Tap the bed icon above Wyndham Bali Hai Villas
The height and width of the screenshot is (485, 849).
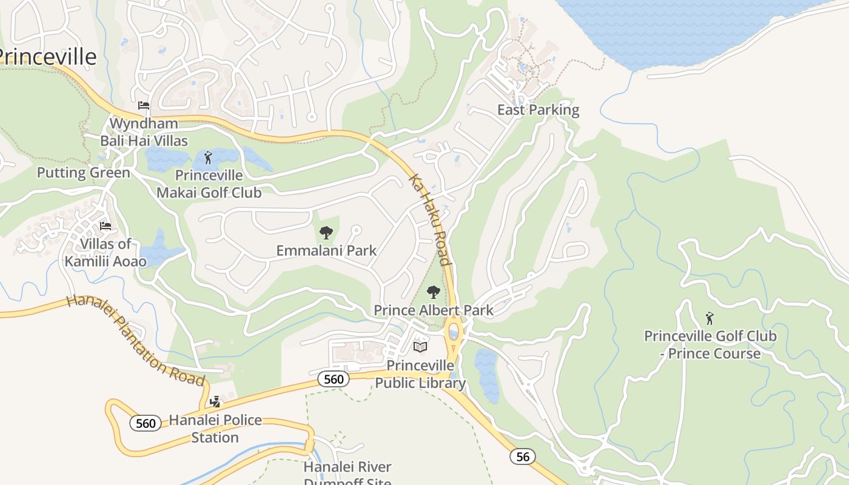144,105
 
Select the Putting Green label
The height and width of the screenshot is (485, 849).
84,173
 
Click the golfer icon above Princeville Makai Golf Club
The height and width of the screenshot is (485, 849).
209,158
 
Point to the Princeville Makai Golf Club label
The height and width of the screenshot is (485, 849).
209,184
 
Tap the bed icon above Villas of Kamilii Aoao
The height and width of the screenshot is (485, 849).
106,226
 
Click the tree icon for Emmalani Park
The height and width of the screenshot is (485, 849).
326,232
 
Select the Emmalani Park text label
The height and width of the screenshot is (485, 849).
326,250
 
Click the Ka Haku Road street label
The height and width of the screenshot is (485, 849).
431,220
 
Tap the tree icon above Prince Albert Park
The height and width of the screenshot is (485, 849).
433,292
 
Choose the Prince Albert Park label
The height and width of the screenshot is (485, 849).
433,310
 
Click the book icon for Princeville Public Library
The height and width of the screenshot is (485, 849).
420,347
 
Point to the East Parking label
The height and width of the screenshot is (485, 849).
538,110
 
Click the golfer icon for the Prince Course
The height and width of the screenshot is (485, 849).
710,318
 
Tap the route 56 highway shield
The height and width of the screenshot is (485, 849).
522,456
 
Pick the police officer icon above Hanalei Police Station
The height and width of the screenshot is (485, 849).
215,401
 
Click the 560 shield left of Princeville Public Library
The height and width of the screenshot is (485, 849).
334,380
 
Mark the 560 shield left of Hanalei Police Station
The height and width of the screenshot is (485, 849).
146,423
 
